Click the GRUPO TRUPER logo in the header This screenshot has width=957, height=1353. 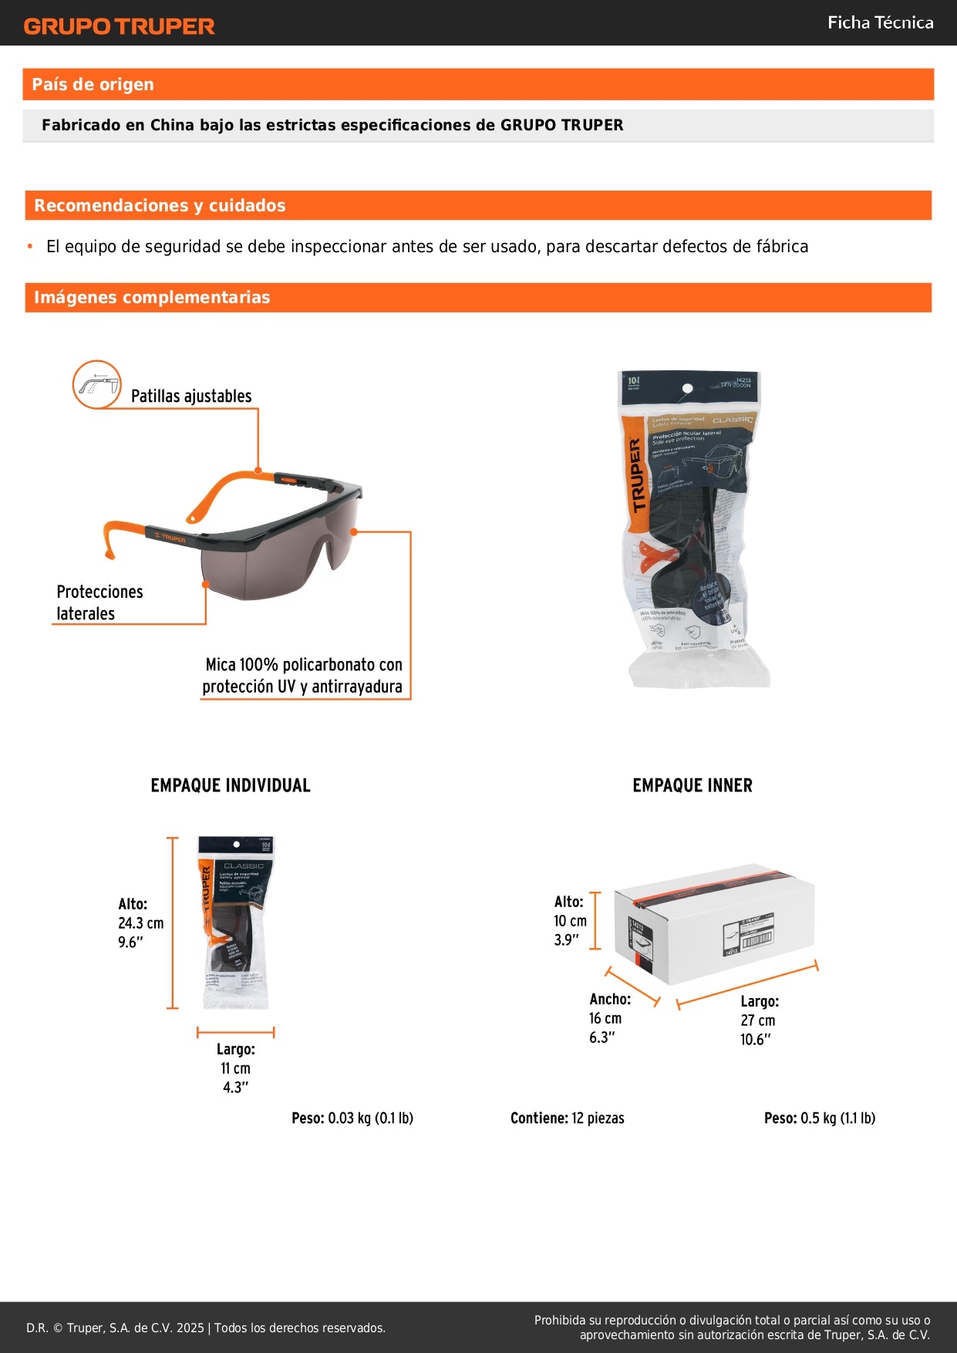click(119, 26)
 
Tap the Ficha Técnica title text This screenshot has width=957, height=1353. click(880, 23)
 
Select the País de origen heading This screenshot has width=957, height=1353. click(93, 85)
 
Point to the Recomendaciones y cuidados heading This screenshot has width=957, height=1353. click(160, 206)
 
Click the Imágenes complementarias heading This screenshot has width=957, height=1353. click(152, 298)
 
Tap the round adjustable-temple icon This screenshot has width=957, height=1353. click(97, 384)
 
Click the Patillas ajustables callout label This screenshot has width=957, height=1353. click(191, 396)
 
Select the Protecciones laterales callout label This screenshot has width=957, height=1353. click(99, 602)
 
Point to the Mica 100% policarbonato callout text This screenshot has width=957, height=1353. click(302, 676)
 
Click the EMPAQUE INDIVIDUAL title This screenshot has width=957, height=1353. click(231, 785)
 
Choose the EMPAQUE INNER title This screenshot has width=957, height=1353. click(692, 785)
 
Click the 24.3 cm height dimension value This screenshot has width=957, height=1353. click(140, 923)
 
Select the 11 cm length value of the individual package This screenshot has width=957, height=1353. click(235, 1068)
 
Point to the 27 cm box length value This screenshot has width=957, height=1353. click(757, 1021)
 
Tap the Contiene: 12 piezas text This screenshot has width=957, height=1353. click(568, 1119)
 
